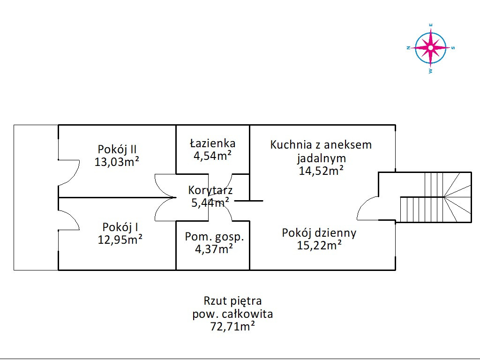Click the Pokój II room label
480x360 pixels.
tap(117, 150)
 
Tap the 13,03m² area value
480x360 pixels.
tap(117, 162)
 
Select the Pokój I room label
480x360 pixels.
tap(120, 227)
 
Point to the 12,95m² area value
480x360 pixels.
tap(120, 240)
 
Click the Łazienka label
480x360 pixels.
tap(212, 143)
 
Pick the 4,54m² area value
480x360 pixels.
tap(212, 156)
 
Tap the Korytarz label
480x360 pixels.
tap(210, 190)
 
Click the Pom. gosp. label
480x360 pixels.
tap(214, 237)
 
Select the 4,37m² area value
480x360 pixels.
tap(214, 249)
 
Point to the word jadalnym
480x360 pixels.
tap(321, 158)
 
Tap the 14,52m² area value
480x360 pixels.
tap(321, 171)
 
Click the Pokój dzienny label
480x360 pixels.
tap(319, 233)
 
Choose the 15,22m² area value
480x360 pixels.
tap(319, 245)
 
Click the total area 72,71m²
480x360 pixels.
tap(232, 327)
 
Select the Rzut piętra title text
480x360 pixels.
tap(232, 300)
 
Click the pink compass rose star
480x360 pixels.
tap(430, 47)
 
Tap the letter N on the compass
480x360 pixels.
tap(408, 47)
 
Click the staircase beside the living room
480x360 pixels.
tap(434, 197)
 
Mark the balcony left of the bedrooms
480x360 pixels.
tap(36, 197)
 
